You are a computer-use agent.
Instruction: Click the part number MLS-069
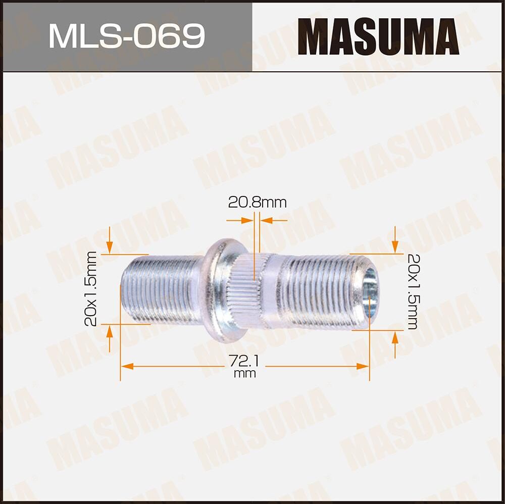pos(126,36)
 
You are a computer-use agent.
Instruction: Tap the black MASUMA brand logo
pos(378,36)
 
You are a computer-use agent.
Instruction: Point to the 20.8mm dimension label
pos(257,203)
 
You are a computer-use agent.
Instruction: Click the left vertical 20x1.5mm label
pos(91,289)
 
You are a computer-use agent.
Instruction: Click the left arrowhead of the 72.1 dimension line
pos(127,366)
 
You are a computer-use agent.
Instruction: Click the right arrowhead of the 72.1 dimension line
pos(363,366)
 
